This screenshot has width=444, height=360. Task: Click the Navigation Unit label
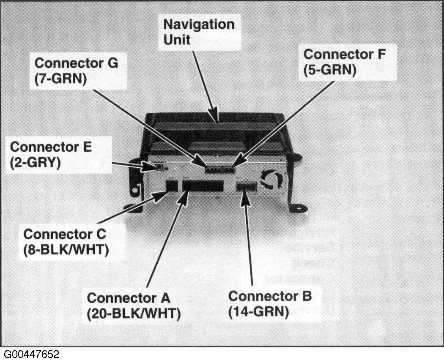(199, 32)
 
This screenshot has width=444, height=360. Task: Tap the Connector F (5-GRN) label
(351, 62)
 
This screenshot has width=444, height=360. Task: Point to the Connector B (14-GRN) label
(270, 303)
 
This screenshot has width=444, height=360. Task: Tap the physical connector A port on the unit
(203, 186)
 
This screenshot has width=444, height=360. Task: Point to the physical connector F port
(229, 169)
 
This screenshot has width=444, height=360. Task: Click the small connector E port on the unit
(160, 168)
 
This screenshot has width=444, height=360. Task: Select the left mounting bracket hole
(135, 190)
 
